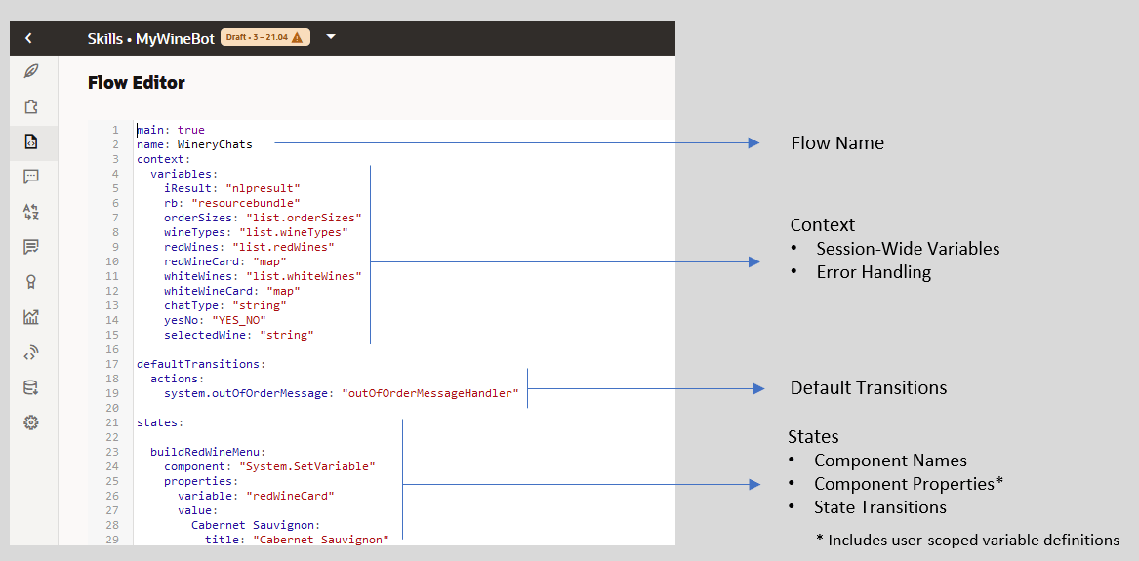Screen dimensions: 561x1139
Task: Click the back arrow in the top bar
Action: tap(28, 38)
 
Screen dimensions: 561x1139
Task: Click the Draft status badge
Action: tap(265, 38)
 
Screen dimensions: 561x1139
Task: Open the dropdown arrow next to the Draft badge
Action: tap(331, 37)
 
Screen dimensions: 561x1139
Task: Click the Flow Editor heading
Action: tap(136, 83)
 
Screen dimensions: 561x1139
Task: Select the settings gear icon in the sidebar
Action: tap(31, 422)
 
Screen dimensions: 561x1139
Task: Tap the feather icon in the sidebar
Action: tap(31, 71)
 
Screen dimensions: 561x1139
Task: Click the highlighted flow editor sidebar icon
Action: tap(31, 141)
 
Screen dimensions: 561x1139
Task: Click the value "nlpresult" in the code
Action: tap(263, 188)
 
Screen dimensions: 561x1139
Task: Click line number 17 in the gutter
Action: tap(114, 364)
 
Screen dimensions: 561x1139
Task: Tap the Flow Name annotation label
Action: tap(836, 143)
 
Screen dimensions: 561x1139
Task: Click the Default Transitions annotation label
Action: tap(868, 388)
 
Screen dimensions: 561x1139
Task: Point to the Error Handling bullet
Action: tap(874, 272)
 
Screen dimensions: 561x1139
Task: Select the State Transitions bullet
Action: tap(879, 507)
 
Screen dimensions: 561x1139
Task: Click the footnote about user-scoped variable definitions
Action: tap(967, 540)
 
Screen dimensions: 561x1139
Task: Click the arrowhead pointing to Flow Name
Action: tap(753, 143)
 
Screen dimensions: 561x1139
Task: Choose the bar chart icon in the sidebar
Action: tap(31, 317)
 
